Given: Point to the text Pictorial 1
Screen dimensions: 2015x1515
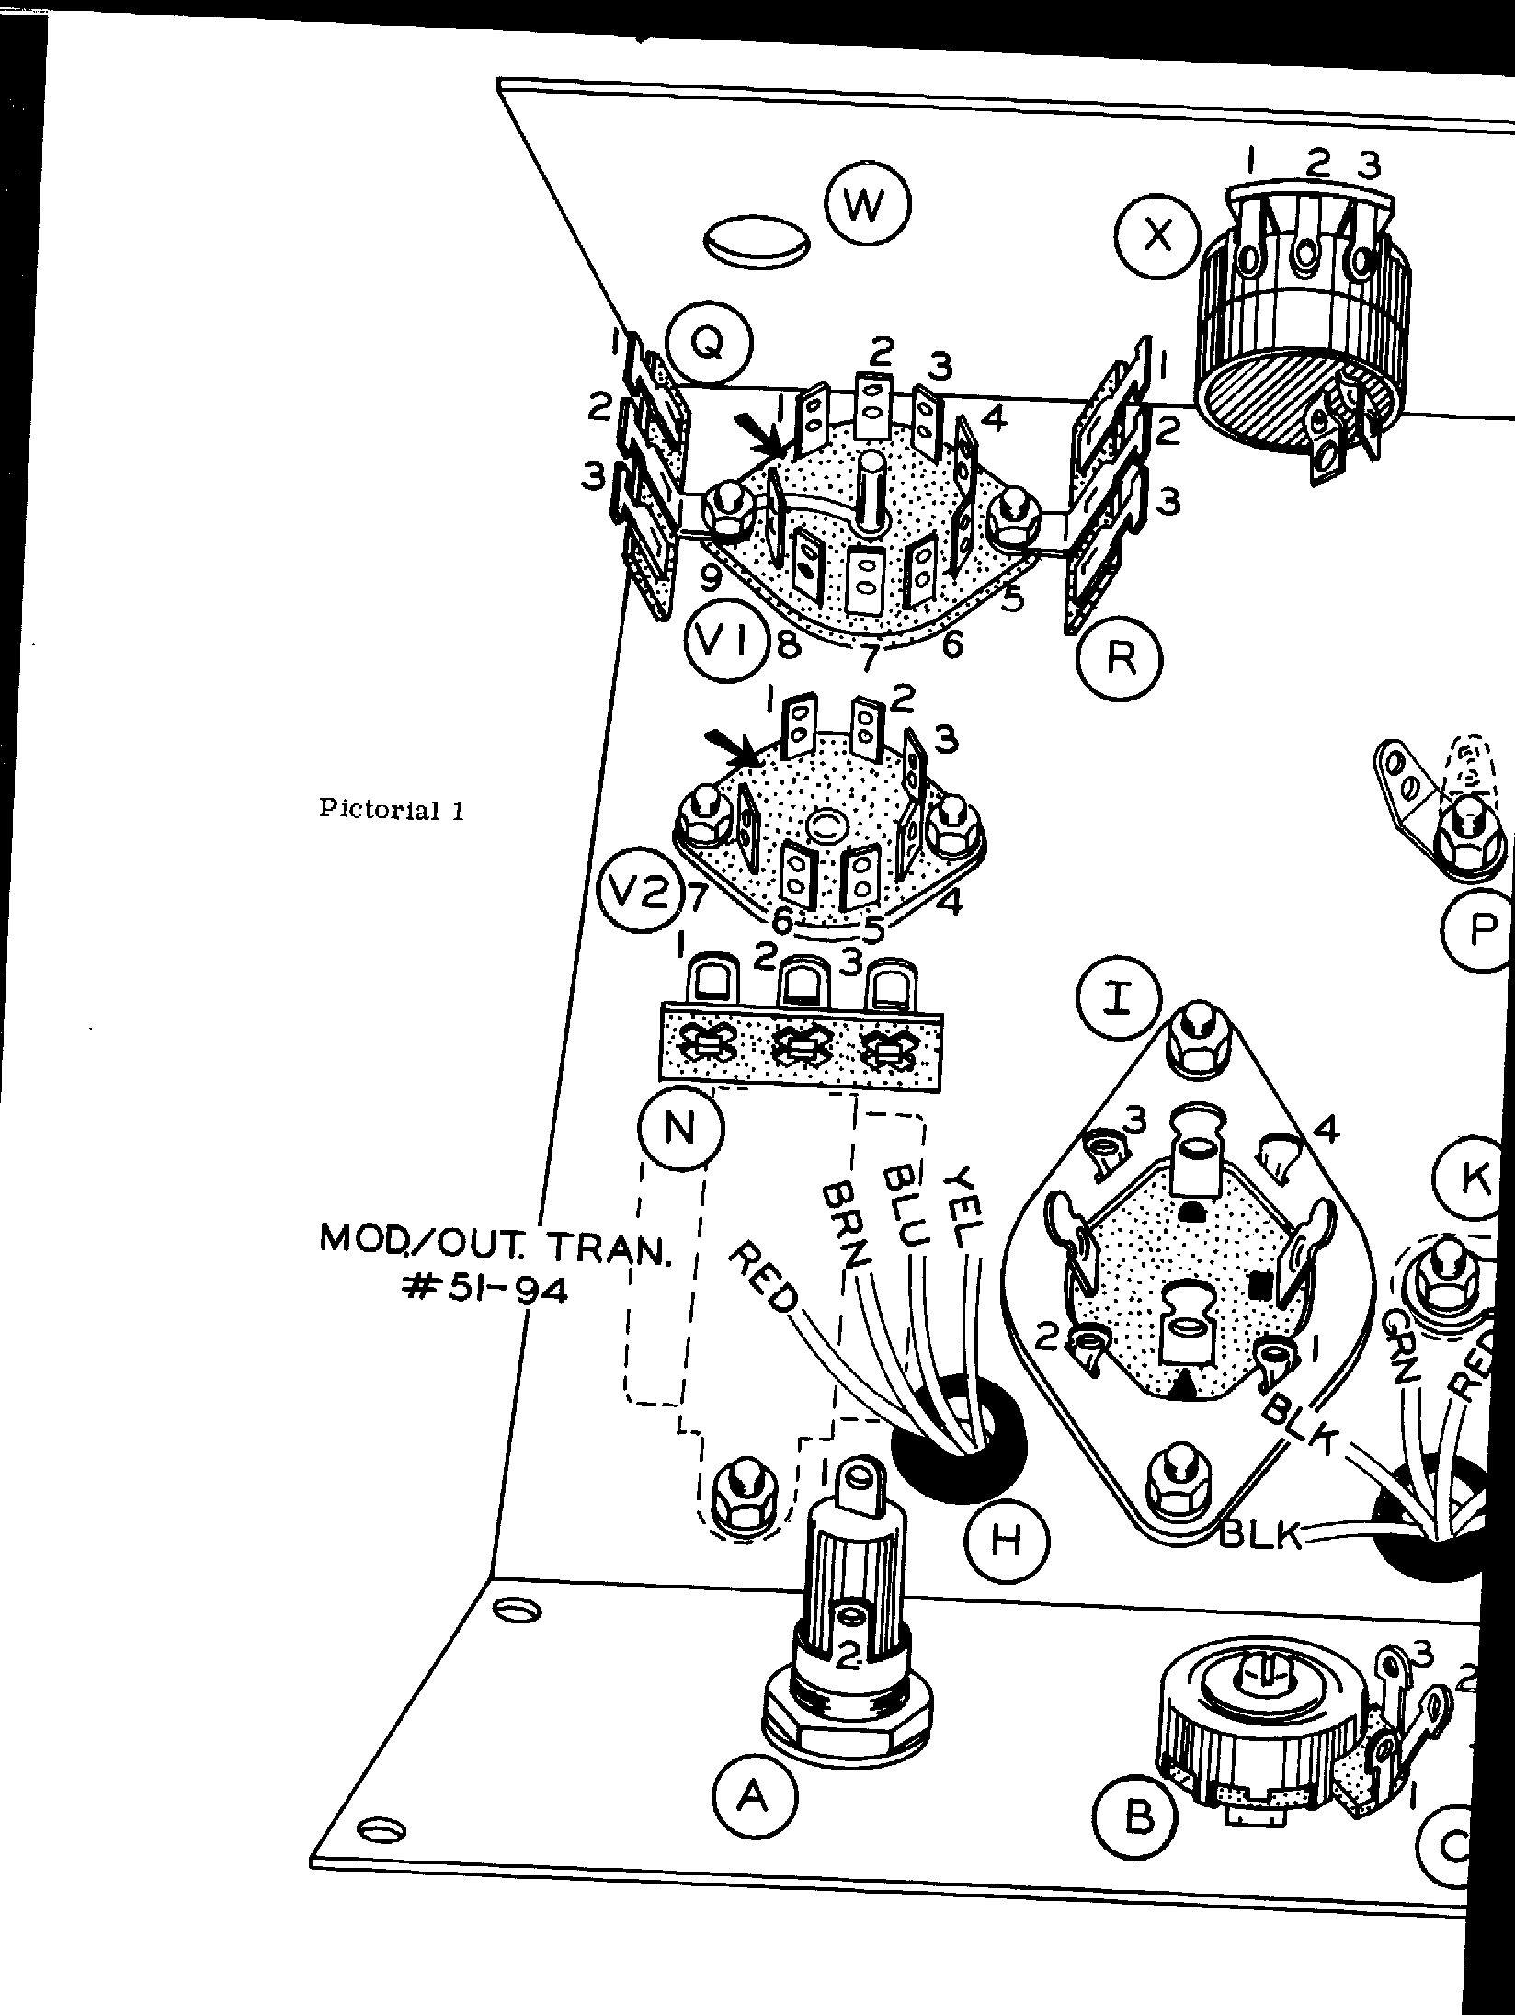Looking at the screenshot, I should tap(392, 810).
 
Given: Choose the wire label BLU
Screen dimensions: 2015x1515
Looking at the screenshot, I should tap(905, 1205).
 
